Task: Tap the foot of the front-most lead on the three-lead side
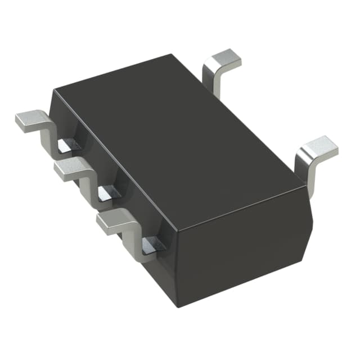[111, 220]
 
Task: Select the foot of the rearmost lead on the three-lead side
[30, 119]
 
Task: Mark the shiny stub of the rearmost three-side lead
[66, 146]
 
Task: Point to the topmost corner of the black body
[171, 55]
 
